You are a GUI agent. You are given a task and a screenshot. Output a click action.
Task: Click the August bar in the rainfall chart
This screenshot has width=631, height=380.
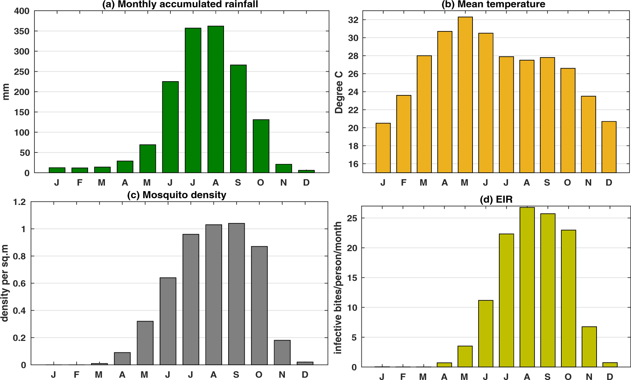coord(216,100)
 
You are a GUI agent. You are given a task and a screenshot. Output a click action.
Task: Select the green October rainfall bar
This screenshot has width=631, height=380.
coord(261,146)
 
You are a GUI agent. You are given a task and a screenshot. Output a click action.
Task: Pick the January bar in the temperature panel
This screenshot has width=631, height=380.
coord(383,148)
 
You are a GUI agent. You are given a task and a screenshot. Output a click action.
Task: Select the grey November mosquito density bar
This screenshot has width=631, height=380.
coord(282,352)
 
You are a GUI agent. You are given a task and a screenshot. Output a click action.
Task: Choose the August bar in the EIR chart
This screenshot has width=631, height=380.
coord(527,287)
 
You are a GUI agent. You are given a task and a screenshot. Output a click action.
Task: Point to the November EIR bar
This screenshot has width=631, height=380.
coord(589,347)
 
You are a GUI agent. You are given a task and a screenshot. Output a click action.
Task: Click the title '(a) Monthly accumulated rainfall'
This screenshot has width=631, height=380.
coord(180,4)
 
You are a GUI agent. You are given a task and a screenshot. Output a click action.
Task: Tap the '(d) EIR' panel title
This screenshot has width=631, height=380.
coord(496,199)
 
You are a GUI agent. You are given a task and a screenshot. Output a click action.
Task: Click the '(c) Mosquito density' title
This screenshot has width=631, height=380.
coord(177,195)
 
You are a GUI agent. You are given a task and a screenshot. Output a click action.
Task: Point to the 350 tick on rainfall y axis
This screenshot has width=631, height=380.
coord(22,31)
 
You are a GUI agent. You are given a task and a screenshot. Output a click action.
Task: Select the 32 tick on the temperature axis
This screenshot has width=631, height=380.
coord(353,20)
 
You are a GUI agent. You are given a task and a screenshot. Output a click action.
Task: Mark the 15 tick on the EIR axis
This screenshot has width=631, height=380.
coord(352,278)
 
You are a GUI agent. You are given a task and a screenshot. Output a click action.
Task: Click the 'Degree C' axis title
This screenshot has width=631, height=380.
coord(339,92)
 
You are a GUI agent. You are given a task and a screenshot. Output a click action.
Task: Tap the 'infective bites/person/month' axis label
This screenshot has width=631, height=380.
coord(338,287)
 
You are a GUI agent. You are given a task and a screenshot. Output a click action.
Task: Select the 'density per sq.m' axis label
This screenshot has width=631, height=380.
coord(5,283)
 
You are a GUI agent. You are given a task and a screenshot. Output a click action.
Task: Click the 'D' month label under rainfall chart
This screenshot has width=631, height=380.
coord(306,183)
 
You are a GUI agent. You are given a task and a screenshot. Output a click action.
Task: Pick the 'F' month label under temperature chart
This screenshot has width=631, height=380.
coord(404,183)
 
